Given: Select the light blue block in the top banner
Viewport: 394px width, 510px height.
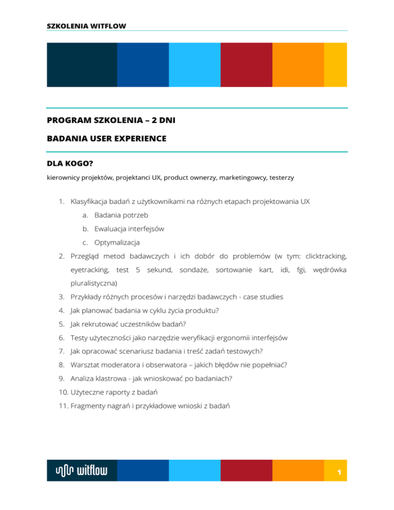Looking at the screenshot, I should (x=194, y=65).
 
